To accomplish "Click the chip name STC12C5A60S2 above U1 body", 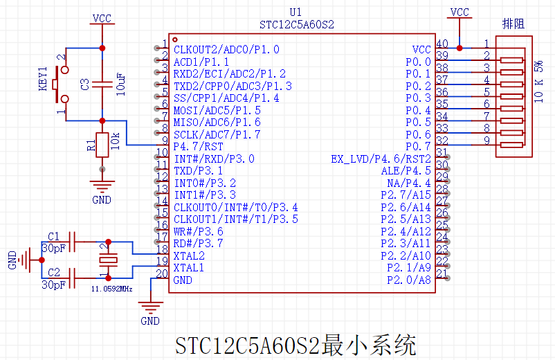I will coord(297,25).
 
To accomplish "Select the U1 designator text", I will coord(295,12).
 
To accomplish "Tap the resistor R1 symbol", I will coord(102,145).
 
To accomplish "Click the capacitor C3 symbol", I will coord(102,84).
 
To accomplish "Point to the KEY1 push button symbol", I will coord(62,84).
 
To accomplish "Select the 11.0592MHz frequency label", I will coord(111,288).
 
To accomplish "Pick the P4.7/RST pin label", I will coord(198,146).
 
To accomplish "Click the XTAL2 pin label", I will coord(189,255).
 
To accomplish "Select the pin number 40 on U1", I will coord(442,44).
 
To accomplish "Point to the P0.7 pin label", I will coord(418,146).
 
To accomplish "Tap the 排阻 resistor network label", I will coord(513,24).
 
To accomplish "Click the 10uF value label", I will coord(122,84).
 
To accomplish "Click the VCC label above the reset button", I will coord(102,17).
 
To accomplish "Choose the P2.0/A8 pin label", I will coord(408,280).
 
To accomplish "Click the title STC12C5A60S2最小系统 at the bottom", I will coord(295,344).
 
